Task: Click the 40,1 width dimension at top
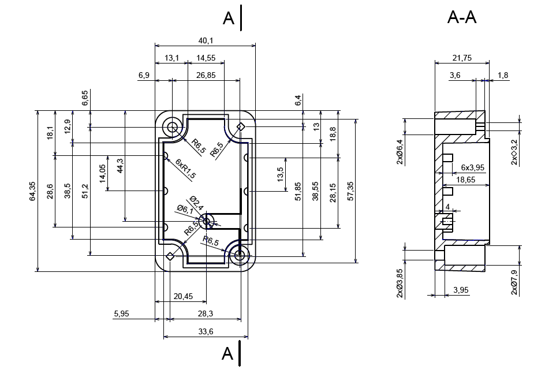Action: (x=205, y=41)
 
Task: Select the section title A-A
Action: (x=462, y=18)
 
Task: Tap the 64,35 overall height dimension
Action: (x=33, y=191)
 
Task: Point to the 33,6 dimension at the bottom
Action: (x=206, y=331)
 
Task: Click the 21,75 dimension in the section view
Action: (x=462, y=58)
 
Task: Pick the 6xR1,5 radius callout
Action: (x=186, y=168)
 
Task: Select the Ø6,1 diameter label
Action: (x=185, y=210)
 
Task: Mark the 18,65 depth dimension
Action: (x=466, y=180)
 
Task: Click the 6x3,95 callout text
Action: (x=472, y=167)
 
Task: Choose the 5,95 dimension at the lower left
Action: (x=122, y=314)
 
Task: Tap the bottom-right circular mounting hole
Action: (x=239, y=255)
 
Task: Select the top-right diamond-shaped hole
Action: (x=241, y=126)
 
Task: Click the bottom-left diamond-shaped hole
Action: (x=170, y=256)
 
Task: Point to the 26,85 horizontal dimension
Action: (x=206, y=75)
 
